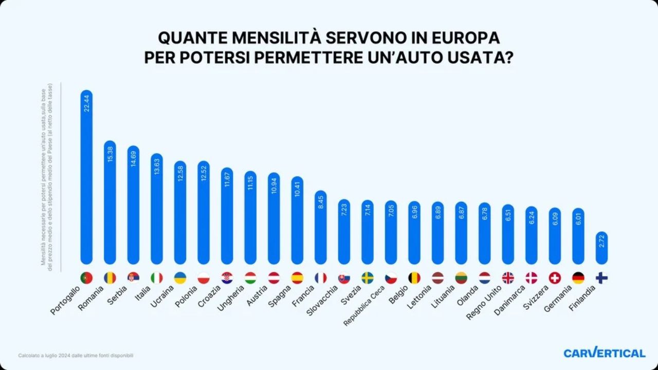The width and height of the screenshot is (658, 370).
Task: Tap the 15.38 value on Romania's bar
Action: point(110,153)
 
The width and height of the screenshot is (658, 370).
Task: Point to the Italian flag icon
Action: point(157,278)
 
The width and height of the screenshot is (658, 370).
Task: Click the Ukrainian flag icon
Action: point(180,278)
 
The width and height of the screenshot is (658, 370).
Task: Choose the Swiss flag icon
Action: point(555,278)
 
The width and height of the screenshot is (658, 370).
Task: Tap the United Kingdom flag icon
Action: point(508,278)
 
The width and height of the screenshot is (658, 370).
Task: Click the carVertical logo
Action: point(604,353)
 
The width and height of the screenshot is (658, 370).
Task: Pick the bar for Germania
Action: point(578,236)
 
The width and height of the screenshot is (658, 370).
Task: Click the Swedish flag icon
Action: point(368,278)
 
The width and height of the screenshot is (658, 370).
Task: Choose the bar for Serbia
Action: point(133,206)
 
